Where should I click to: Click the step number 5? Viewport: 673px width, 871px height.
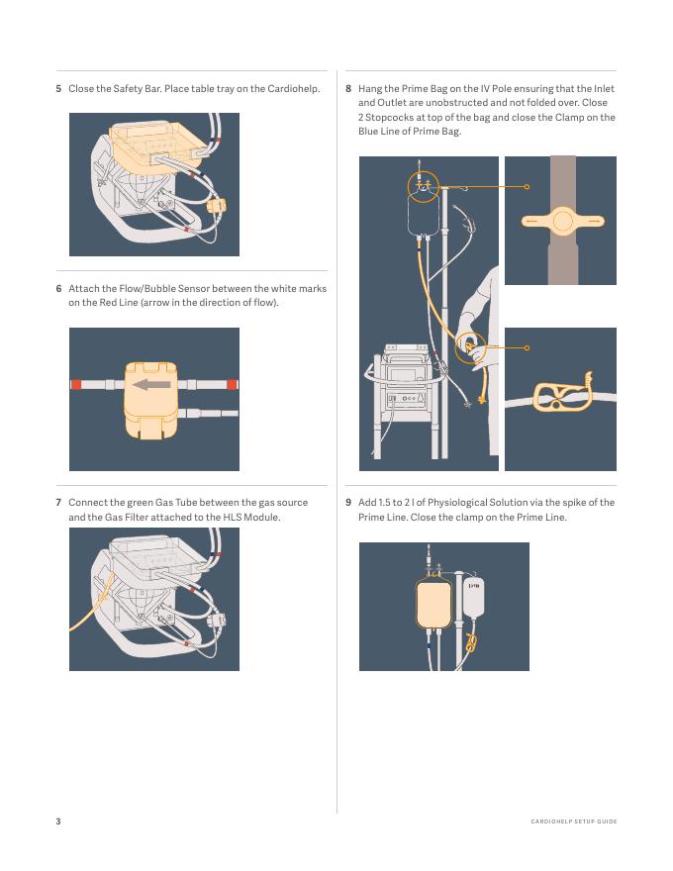click(58, 89)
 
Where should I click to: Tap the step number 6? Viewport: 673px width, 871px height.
click(58, 289)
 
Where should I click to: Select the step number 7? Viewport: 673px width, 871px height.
click(58, 503)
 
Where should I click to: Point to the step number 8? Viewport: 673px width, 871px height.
click(348, 89)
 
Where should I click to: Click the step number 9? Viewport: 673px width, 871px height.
click(348, 503)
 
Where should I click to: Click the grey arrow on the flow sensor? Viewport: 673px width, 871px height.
click(151, 384)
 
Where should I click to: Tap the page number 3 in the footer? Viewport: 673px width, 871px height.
click(58, 821)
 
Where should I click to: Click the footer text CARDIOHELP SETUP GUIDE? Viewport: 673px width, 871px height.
click(574, 822)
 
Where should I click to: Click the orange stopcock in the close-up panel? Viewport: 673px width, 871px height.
click(562, 221)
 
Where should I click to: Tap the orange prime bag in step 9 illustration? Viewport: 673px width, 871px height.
click(433, 604)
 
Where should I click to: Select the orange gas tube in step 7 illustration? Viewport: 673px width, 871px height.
click(92, 606)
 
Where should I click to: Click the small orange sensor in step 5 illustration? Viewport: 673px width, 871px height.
click(216, 207)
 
